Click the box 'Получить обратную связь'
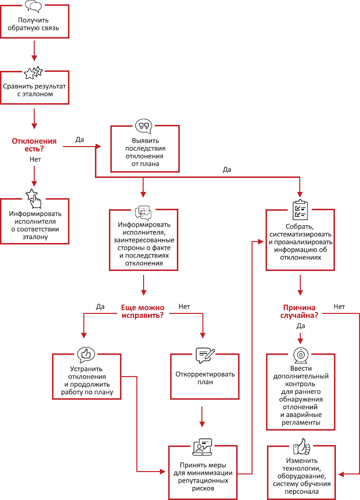coord(34,24)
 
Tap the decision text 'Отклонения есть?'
coord(34,145)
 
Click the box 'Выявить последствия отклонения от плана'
coord(145,152)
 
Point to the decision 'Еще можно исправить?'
coord(142,311)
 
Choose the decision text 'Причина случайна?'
coord(299,311)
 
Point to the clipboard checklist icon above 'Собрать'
coord(300,210)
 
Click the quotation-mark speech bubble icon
coord(143,126)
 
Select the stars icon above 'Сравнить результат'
coord(33,73)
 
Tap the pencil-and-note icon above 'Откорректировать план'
coord(205,355)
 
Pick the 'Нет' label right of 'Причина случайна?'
coord(339,307)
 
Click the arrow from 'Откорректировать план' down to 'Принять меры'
coord(202,418)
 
